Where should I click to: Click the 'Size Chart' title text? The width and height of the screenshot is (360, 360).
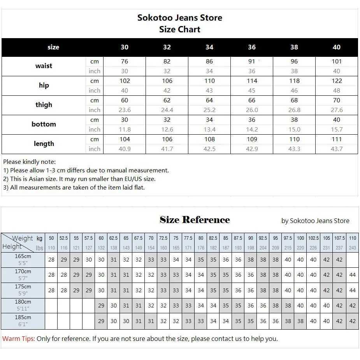179,30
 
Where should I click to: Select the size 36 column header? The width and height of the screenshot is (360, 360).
252,47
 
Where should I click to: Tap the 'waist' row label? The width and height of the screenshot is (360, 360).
44,66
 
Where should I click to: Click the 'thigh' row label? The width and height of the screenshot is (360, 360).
44,105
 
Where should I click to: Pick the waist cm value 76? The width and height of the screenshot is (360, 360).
125,61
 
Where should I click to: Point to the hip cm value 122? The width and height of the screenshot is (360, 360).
337,81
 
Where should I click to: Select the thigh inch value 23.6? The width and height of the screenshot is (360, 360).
125,110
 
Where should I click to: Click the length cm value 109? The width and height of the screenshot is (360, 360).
252,139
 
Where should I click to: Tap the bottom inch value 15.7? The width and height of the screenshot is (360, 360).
337,129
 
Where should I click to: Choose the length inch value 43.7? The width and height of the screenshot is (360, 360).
337,149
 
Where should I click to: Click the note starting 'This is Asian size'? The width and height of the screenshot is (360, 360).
79,179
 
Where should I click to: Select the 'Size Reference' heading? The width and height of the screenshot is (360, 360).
195,220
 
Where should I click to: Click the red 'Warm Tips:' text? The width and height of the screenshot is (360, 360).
19,339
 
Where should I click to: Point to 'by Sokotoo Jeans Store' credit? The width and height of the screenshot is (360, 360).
315,221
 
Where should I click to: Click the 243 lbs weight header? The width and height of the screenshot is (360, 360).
353,248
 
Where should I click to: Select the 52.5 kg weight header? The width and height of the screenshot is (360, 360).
64,238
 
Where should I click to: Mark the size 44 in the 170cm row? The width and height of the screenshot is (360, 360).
353,275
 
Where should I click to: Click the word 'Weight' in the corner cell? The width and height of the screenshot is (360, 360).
23,238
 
